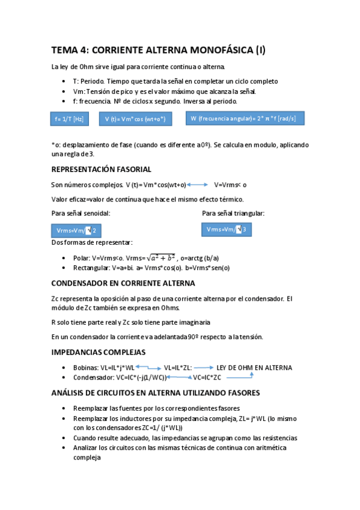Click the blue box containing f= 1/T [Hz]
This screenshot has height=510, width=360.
69,119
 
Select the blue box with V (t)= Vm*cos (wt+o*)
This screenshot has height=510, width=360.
135,119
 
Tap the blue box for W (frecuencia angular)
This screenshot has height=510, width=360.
243,118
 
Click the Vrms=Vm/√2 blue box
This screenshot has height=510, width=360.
76,230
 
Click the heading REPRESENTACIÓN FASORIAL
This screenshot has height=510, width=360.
101,170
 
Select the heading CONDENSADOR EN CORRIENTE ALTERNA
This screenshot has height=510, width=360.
123,283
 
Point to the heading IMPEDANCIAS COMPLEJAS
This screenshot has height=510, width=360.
98,352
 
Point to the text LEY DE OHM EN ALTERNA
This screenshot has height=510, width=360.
254,367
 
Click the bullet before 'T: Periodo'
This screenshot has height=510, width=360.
65,81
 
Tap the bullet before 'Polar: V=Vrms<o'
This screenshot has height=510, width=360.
65,257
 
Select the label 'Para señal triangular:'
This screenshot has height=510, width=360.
233,213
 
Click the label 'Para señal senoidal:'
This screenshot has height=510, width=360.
81,213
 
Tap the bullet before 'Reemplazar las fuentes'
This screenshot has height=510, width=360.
65,408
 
